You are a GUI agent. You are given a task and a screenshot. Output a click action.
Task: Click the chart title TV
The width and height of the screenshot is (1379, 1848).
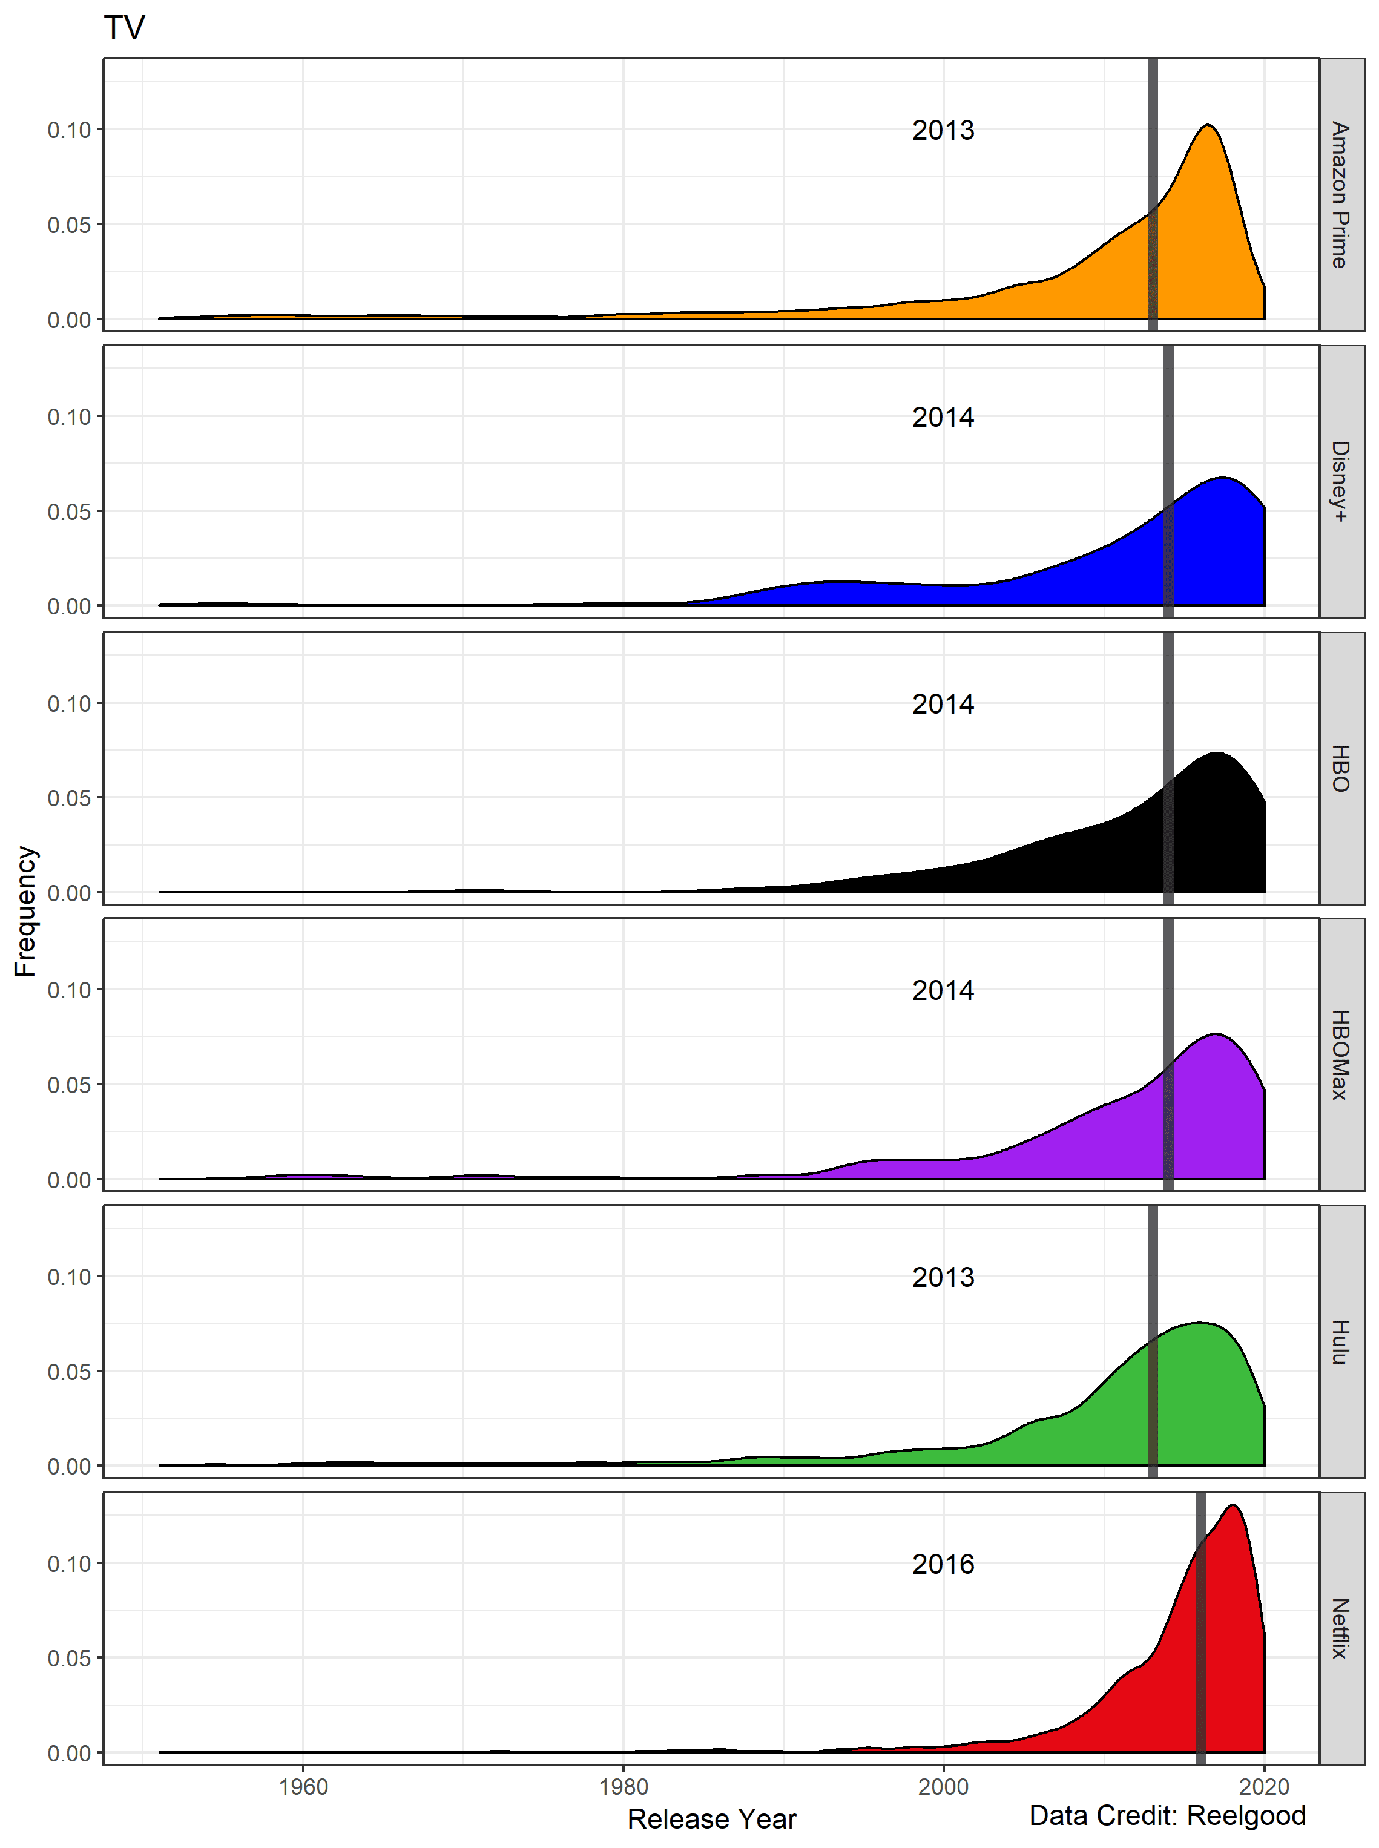click(x=124, y=28)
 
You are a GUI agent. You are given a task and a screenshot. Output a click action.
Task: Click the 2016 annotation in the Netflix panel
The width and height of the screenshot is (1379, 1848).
click(x=943, y=1564)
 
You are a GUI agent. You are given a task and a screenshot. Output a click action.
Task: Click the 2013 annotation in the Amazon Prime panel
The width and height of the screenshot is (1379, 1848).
click(x=943, y=130)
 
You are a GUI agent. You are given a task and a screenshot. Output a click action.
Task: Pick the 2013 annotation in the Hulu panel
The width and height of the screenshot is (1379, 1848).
click(x=943, y=1277)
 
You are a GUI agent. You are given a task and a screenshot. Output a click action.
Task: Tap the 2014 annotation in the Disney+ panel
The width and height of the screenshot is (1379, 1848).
click(x=943, y=416)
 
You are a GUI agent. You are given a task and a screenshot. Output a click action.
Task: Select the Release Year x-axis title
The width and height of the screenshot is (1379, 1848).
click(x=711, y=1819)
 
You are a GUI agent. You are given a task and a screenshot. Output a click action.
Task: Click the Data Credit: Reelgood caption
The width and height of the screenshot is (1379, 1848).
click(x=1167, y=1815)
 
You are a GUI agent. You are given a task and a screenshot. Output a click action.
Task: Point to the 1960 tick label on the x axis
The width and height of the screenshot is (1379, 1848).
click(x=303, y=1786)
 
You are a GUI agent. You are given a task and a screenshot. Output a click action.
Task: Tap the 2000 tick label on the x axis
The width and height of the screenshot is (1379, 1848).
click(x=943, y=1786)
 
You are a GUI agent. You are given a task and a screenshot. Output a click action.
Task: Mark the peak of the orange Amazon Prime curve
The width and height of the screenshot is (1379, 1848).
click(x=1208, y=126)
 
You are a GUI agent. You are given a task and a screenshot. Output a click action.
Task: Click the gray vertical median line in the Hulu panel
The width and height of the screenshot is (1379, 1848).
click(x=1152, y=1377)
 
